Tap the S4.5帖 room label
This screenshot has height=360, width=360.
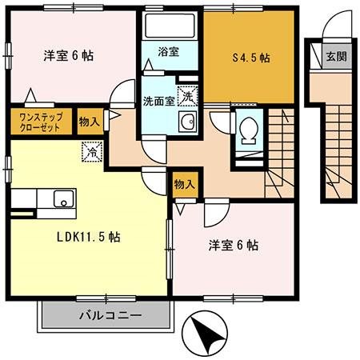coord(250,58)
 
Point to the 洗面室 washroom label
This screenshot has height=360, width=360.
coord(157,102)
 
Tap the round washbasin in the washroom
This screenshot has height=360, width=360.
coord(187,122)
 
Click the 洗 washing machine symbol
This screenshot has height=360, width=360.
coord(186,96)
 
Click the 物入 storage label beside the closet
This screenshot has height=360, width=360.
coord(90,122)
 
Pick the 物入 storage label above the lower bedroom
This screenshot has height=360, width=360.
coord(184,184)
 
